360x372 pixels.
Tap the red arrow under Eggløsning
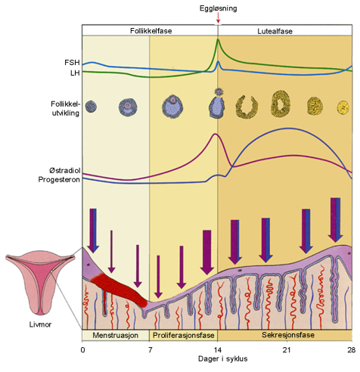[218, 18]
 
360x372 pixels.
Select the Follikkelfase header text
[150, 31]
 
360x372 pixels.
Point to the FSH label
[73, 61]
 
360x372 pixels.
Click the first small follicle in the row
[91, 107]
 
